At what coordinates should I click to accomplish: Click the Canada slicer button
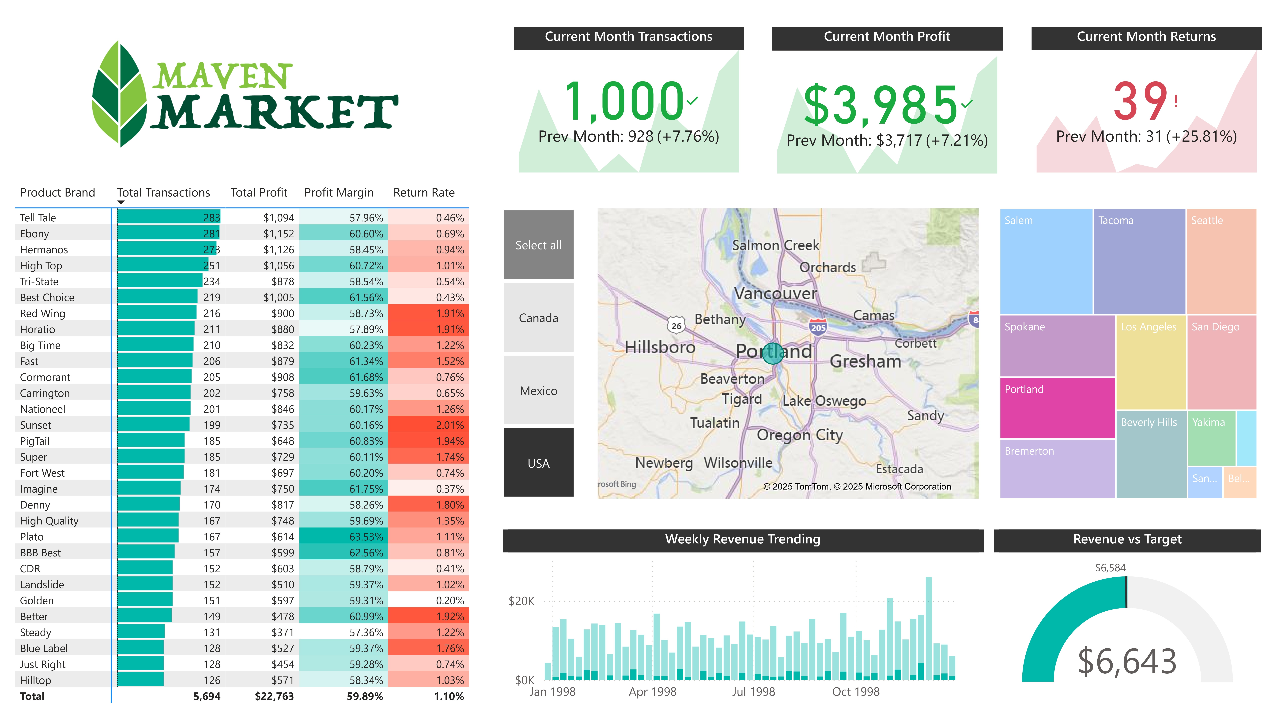538,318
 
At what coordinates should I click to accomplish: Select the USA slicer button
538,463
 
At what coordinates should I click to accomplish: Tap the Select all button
538,245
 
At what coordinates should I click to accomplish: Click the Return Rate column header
424,193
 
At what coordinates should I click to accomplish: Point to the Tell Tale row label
38,218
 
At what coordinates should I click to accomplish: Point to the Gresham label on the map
865,361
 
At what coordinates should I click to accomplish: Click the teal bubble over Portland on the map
773,353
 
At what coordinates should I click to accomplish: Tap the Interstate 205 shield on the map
818,327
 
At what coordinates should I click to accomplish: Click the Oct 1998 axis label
855,691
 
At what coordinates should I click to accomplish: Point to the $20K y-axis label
521,601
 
